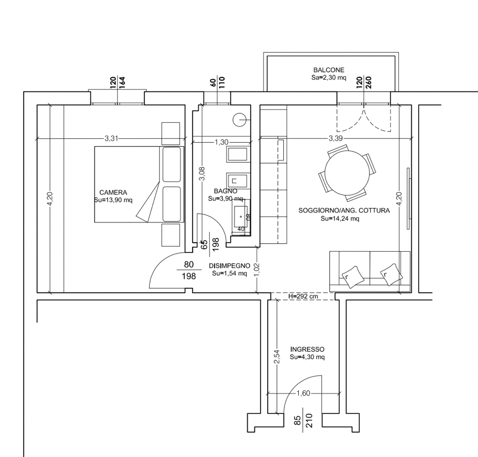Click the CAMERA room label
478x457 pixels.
[113, 193]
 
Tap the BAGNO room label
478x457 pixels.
[226, 191]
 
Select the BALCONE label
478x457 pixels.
[329, 70]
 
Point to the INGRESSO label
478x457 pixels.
[307, 349]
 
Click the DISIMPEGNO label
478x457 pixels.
[230, 266]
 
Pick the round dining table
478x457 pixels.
[347, 173]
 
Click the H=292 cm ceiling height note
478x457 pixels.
[303, 296]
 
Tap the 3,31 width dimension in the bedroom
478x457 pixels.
[111, 138]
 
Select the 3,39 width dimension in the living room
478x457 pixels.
[336, 138]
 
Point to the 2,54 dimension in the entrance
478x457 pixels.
[277, 357]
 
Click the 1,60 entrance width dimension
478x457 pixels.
[303, 393]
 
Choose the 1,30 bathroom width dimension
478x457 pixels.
[221, 142]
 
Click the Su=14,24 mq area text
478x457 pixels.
[340, 219]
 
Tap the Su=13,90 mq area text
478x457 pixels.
[113, 200]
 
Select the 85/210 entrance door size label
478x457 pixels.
[303, 420]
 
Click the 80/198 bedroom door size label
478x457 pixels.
[189, 270]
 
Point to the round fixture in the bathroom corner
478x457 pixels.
[240, 120]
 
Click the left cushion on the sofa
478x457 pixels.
[353, 277]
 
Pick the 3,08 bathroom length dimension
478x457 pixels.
[202, 174]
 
